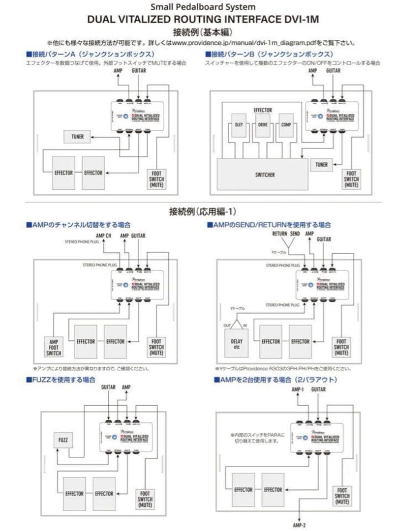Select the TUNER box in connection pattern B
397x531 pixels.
click(x=322, y=165)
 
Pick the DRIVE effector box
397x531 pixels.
click(x=263, y=125)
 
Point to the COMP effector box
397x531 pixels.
click(x=286, y=125)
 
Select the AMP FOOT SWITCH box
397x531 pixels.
click(x=55, y=347)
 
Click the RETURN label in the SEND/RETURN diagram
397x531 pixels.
click(x=280, y=234)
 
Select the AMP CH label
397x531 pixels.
click(x=104, y=236)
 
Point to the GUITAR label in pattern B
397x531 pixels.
click(x=333, y=71)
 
